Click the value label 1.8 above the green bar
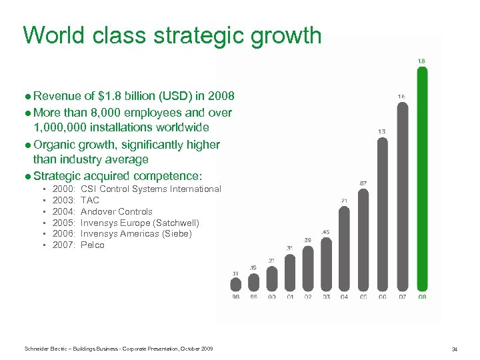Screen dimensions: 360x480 [421, 61]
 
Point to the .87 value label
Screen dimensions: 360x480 [363, 183]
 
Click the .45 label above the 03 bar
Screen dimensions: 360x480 [325, 232]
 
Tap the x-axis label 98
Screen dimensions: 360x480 [235, 297]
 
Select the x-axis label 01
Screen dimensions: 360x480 [290, 297]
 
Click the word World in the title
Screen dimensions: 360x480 [52, 35]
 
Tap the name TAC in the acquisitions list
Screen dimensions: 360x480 [90, 200]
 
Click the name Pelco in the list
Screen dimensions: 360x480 [93, 245]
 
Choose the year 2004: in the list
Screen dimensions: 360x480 [64, 211]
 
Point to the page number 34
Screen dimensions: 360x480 [454, 349]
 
